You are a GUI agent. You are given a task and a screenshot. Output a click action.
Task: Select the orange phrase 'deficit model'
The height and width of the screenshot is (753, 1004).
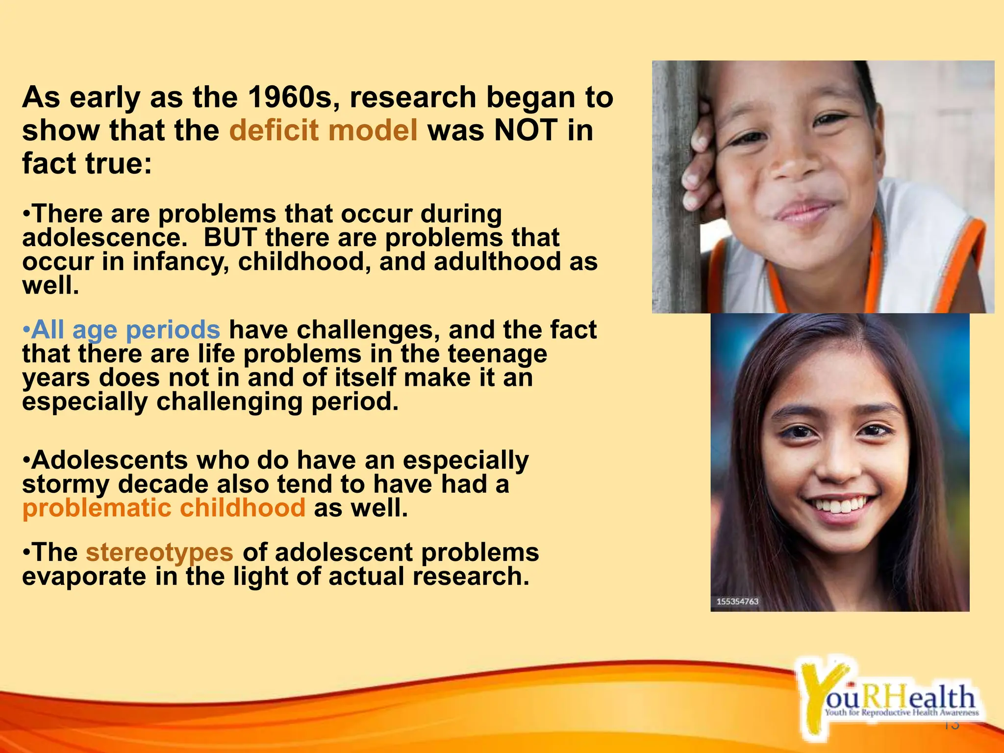(x=324, y=130)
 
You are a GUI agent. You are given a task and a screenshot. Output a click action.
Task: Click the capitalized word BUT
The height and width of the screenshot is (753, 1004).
(x=230, y=238)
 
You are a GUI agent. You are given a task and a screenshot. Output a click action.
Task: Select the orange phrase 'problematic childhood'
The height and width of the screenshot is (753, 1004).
(x=164, y=508)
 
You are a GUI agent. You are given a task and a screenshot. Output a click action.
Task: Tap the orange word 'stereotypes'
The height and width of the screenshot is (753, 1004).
(x=159, y=552)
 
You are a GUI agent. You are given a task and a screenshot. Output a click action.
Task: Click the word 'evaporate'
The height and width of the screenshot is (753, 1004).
(x=84, y=577)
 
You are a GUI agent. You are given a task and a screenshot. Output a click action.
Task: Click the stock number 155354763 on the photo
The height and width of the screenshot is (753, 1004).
(x=737, y=602)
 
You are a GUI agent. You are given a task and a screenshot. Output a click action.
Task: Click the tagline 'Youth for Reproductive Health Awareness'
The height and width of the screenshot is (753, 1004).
(x=901, y=713)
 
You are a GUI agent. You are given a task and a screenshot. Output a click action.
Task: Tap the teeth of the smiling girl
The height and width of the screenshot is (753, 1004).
(x=840, y=504)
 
